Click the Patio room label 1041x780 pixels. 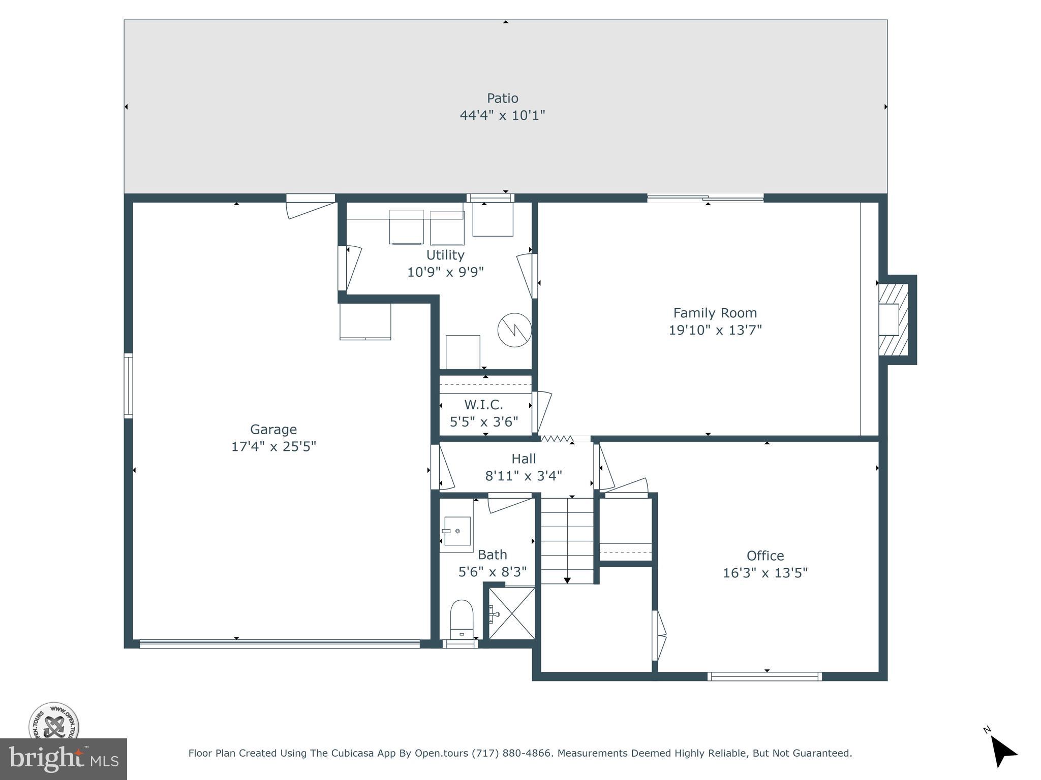pyautogui.click(x=502, y=98)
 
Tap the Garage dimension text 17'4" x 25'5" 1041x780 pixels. pyautogui.click(x=273, y=446)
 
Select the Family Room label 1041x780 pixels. pyautogui.click(x=715, y=313)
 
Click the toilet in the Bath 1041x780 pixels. pyautogui.click(x=462, y=619)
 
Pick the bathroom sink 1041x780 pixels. pyautogui.click(x=456, y=531)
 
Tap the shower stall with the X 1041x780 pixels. pyautogui.click(x=512, y=613)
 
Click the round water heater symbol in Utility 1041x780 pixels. pyautogui.click(x=514, y=330)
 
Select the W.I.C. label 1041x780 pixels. pyautogui.click(x=483, y=405)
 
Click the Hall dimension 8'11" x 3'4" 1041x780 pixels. pyautogui.click(x=524, y=476)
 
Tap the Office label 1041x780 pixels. pyautogui.click(x=765, y=556)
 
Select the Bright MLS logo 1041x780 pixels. pyautogui.click(x=63, y=759)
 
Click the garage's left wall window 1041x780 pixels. pyautogui.click(x=129, y=386)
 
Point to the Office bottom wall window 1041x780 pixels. pyautogui.click(x=764, y=676)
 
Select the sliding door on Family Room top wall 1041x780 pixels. pyautogui.click(x=705, y=199)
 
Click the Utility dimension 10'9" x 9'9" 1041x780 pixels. pyautogui.click(x=445, y=272)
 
